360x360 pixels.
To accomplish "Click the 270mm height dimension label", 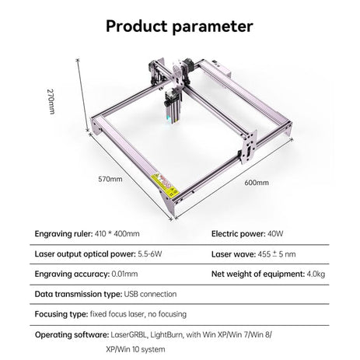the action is [x=51, y=102].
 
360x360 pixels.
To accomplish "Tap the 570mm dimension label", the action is [x=110, y=179].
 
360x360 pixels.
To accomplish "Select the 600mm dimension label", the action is [x=257, y=183].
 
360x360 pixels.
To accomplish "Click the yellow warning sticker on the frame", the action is [x=165, y=185].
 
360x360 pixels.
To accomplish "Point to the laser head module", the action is [x=172, y=106].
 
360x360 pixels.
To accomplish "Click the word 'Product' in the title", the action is [x=137, y=26].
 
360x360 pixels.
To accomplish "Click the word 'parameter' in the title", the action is [x=212, y=27].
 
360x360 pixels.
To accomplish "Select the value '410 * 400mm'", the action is [x=117, y=234].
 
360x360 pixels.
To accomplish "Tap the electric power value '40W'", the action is [x=275, y=234].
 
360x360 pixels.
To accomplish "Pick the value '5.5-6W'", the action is [x=150, y=253].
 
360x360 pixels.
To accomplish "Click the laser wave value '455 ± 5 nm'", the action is [x=277, y=254].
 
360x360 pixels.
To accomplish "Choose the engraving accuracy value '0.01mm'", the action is [x=124, y=274].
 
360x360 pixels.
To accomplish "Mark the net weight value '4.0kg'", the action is [x=316, y=274].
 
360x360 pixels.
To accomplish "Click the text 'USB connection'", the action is [x=150, y=294].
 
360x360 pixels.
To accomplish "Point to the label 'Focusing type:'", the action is [x=61, y=314].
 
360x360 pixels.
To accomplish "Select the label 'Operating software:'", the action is [x=72, y=335].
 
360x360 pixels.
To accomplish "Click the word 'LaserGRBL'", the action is [x=129, y=334].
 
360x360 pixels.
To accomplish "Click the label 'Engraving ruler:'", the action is [x=64, y=234].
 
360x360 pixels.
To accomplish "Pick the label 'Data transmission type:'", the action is [x=79, y=294].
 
